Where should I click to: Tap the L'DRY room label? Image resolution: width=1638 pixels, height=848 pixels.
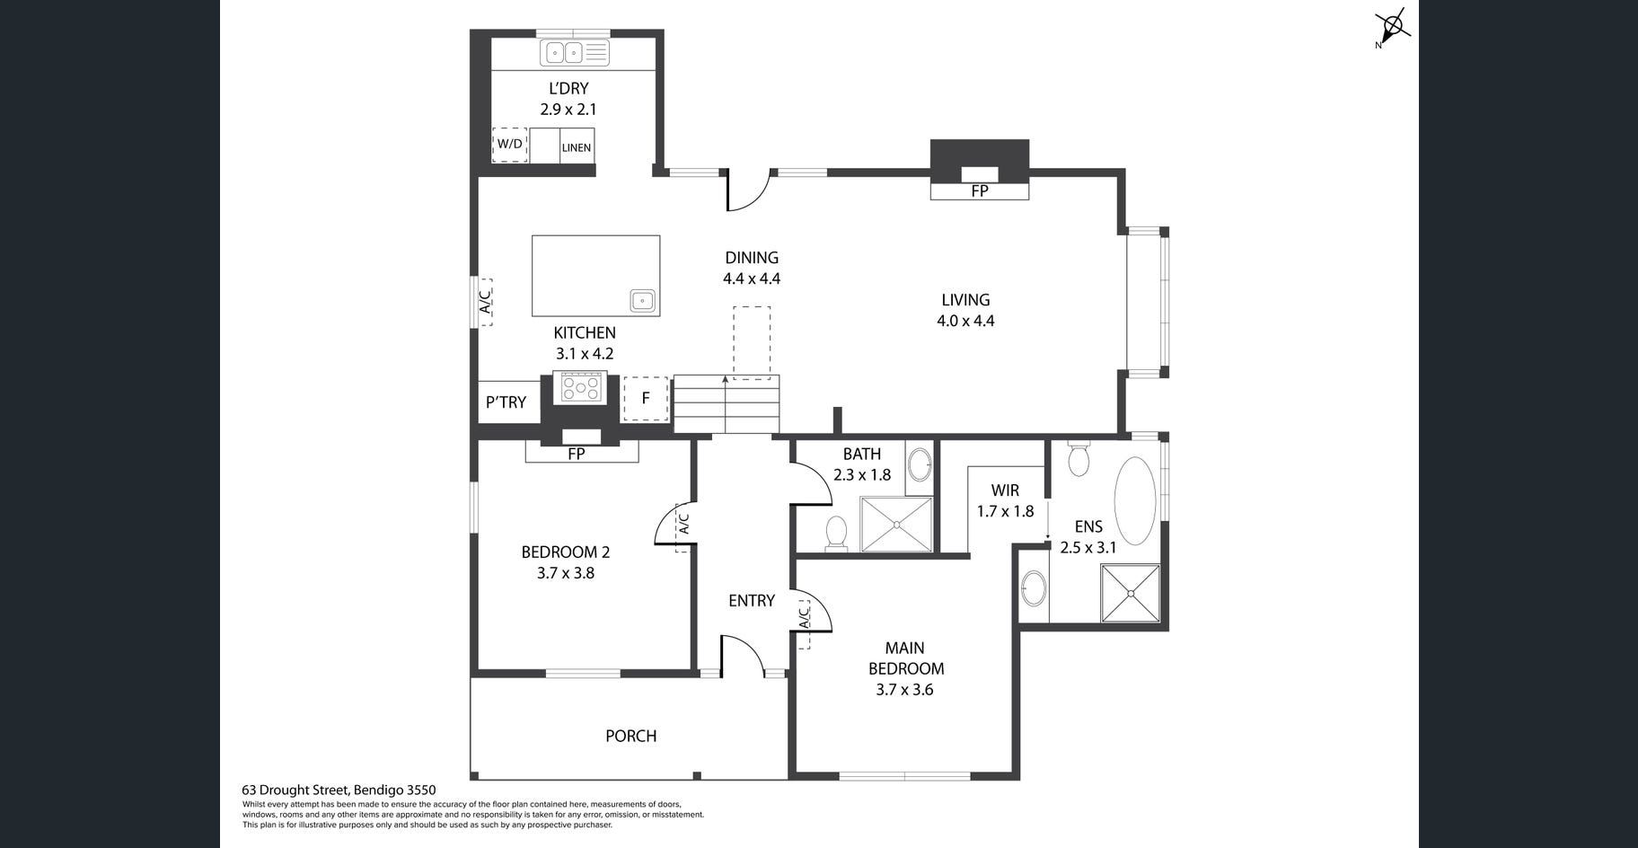pyautogui.click(x=568, y=88)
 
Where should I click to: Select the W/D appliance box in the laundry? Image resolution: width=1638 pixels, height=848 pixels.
pyautogui.click(x=509, y=145)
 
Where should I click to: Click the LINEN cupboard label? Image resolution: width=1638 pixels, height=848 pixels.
pyautogui.click(x=577, y=147)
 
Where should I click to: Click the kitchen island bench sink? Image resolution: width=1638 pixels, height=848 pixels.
pyautogui.click(x=642, y=300)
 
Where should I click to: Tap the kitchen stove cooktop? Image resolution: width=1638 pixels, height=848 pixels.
pyautogui.click(x=580, y=388)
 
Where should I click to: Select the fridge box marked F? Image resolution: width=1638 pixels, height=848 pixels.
pyautogui.click(x=646, y=399)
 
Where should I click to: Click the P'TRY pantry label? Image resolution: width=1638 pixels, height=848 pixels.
pyautogui.click(x=506, y=402)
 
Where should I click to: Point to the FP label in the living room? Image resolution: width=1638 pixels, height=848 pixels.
pyautogui.click(x=979, y=191)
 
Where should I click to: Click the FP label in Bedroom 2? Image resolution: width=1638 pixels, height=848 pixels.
pyautogui.click(x=577, y=455)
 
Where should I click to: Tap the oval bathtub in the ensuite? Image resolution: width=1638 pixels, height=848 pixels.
pyautogui.click(x=1135, y=500)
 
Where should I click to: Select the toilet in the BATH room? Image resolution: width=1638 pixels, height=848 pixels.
pyautogui.click(x=836, y=533)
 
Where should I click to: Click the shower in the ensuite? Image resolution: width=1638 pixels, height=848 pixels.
pyautogui.click(x=1131, y=592)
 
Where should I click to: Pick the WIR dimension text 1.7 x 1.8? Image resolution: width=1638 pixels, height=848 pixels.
pyautogui.click(x=1005, y=511)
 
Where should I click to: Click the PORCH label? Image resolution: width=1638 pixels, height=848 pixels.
pyautogui.click(x=630, y=736)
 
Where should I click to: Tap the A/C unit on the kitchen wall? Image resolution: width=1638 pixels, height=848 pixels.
pyautogui.click(x=483, y=301)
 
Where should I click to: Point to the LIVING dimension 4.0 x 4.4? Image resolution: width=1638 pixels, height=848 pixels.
pyautogui.click(x=965, y=321)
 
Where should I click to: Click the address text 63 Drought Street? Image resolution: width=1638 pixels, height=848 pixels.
pyautogui.click(x=295, y=791)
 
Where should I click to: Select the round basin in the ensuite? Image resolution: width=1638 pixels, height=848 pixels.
pyautogui.click(x=1034, y=589)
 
